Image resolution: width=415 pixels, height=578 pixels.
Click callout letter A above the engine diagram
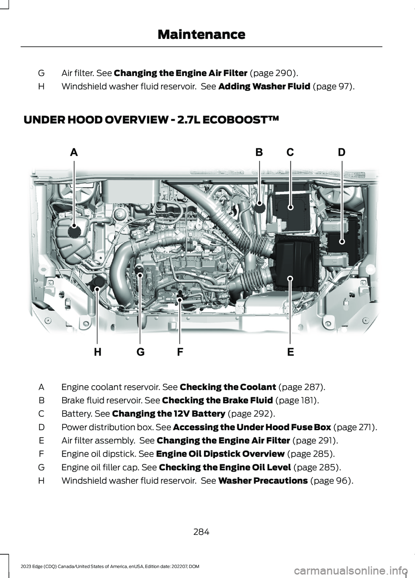74,152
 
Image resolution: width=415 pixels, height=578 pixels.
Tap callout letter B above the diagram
259,152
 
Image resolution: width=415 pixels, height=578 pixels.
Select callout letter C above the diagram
290,152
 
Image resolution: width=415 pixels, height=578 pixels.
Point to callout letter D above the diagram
342,152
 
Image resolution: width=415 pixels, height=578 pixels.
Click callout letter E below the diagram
290,352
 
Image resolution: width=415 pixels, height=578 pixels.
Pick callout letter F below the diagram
180,352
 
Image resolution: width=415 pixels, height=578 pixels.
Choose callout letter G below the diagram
140,352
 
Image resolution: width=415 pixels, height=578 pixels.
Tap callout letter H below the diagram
98,352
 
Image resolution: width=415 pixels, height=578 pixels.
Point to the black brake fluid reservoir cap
259,207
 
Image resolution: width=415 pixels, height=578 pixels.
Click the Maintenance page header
201,34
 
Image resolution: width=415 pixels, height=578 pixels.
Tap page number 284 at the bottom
201,532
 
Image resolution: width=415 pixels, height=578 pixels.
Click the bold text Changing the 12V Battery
168,414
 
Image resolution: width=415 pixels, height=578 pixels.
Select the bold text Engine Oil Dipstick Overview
220,454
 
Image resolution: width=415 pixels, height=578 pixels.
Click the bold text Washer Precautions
263,481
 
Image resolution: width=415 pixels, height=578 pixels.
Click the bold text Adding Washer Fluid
264,86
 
